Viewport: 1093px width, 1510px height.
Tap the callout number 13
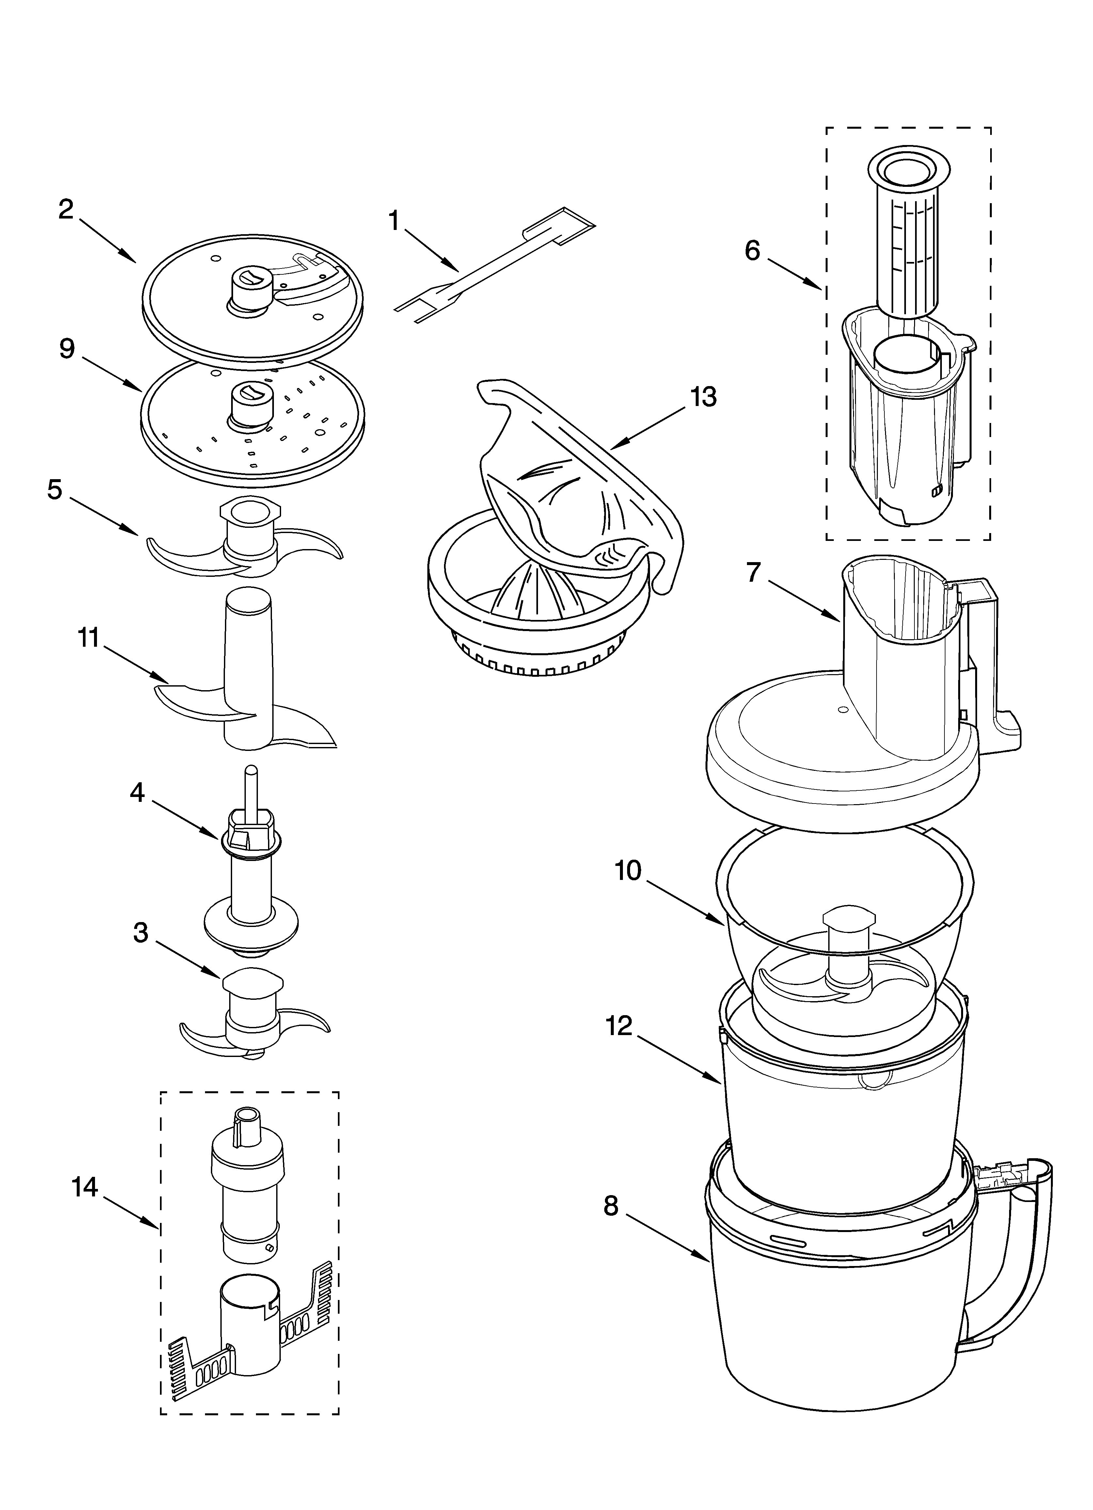[703, 398]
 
